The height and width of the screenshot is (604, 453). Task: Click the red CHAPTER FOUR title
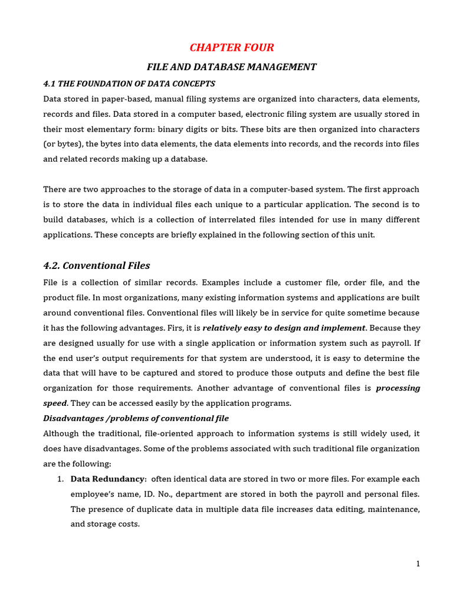231,48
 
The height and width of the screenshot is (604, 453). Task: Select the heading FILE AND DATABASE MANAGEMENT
231,67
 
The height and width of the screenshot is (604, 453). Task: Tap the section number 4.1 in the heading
50,84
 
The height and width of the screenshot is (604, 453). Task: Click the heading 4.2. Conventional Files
97,265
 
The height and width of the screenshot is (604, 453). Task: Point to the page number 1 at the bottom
418,564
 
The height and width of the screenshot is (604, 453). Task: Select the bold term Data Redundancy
108,479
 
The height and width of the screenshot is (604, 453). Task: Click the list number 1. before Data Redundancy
61,479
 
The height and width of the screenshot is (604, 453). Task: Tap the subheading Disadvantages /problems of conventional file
136,418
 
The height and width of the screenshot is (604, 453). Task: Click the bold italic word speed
54,403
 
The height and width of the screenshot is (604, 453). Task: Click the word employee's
93,494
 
